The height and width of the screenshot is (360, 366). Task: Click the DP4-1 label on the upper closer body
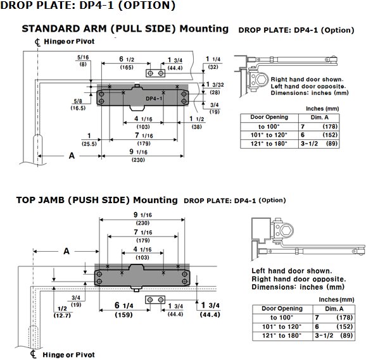(x=154, y=99)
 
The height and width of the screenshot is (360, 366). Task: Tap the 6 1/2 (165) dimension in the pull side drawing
(x=127, y=63)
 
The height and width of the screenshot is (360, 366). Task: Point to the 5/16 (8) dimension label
(x=83, y=61)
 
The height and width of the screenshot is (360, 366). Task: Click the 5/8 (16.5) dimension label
(x=78, y=104)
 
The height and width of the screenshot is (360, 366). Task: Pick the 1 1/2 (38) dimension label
(x=197, y=123)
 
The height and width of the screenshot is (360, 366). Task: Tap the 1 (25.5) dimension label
(x=89, y=139)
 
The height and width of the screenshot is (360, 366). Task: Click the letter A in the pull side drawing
(x=72, y=156)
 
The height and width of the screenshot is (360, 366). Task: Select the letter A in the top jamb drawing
(x=66, y=251)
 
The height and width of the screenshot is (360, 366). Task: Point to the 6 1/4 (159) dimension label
(x=124, y=309)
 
